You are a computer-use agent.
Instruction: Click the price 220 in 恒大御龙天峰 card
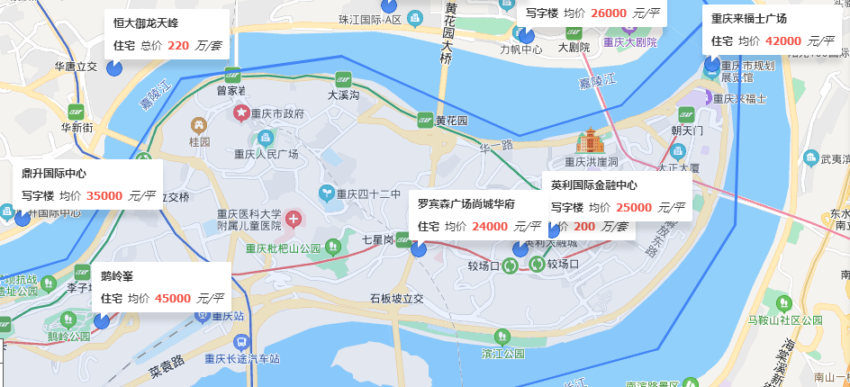tap(178, 45)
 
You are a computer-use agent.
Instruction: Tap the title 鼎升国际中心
tap(54, 174)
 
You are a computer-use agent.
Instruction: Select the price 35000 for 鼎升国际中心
tap(104, 195)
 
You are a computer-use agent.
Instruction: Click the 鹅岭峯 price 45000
tap(172, 298)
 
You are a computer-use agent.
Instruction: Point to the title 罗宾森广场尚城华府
tap(466, 204)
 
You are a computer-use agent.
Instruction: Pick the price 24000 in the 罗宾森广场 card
tap(489, 226)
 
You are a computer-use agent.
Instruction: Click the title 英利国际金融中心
tap(594, 185)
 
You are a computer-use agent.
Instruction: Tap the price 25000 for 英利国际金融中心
tap(634, 207)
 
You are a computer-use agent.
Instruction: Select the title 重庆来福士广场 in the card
tap(749, 19)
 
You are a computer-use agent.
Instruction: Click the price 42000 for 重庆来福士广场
tap(782, 40)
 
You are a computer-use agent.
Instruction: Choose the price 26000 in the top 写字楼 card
tap(609, 13)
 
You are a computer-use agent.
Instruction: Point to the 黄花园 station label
tap(452, 121)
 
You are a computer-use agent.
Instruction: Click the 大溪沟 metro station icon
tap(343, 78)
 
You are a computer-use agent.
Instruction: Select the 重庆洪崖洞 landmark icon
tap(591, 140)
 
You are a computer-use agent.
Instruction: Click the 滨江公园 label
tap(502, 354)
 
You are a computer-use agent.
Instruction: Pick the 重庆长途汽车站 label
tap(241, 358)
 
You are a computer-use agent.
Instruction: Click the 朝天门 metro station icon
tap(687, 114)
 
